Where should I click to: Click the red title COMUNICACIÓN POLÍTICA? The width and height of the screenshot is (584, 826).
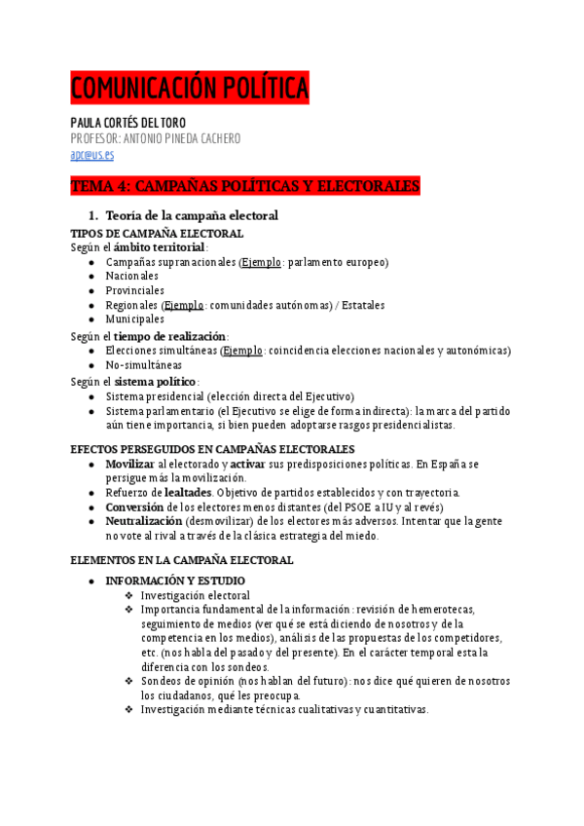tap(190, 90)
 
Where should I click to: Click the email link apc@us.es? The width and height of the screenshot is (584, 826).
tap(92, 154)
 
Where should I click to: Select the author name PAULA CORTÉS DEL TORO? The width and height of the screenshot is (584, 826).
tap(142, 123)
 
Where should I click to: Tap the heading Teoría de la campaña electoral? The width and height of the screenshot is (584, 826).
tap(192, 215)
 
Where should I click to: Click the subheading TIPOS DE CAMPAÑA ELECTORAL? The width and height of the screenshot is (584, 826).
tap(157, 234)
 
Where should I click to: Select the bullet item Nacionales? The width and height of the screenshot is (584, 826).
tap(132, 277)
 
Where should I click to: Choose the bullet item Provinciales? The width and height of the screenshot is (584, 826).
tap(135, 290)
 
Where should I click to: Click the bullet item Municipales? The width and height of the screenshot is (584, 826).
tap(135, 319)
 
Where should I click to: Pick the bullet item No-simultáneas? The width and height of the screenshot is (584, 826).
tap(144, 365)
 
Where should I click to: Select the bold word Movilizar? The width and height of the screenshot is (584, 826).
tap(130, 465)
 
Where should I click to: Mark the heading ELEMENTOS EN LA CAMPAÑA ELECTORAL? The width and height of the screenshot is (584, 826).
tap(182, 560)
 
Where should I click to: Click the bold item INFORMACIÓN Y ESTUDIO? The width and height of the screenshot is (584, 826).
tap(175, 582)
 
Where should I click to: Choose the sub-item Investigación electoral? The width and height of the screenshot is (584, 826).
tap(195, 595)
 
